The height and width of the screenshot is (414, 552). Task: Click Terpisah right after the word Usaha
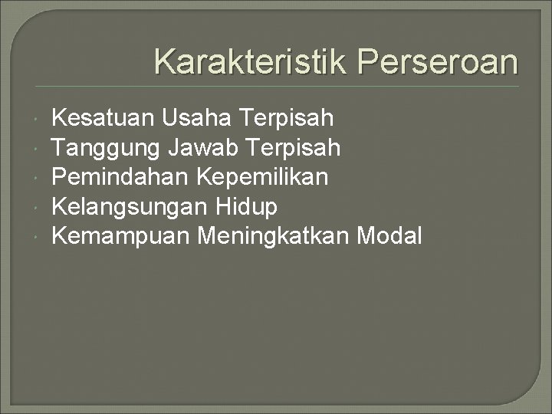coord(287,119)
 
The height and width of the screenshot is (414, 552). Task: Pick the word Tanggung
coord(105,148)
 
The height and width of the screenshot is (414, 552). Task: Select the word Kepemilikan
coord(263,178)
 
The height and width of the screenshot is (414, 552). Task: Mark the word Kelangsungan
coord(129,207)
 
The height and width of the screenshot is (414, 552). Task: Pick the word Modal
coord(391,236)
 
